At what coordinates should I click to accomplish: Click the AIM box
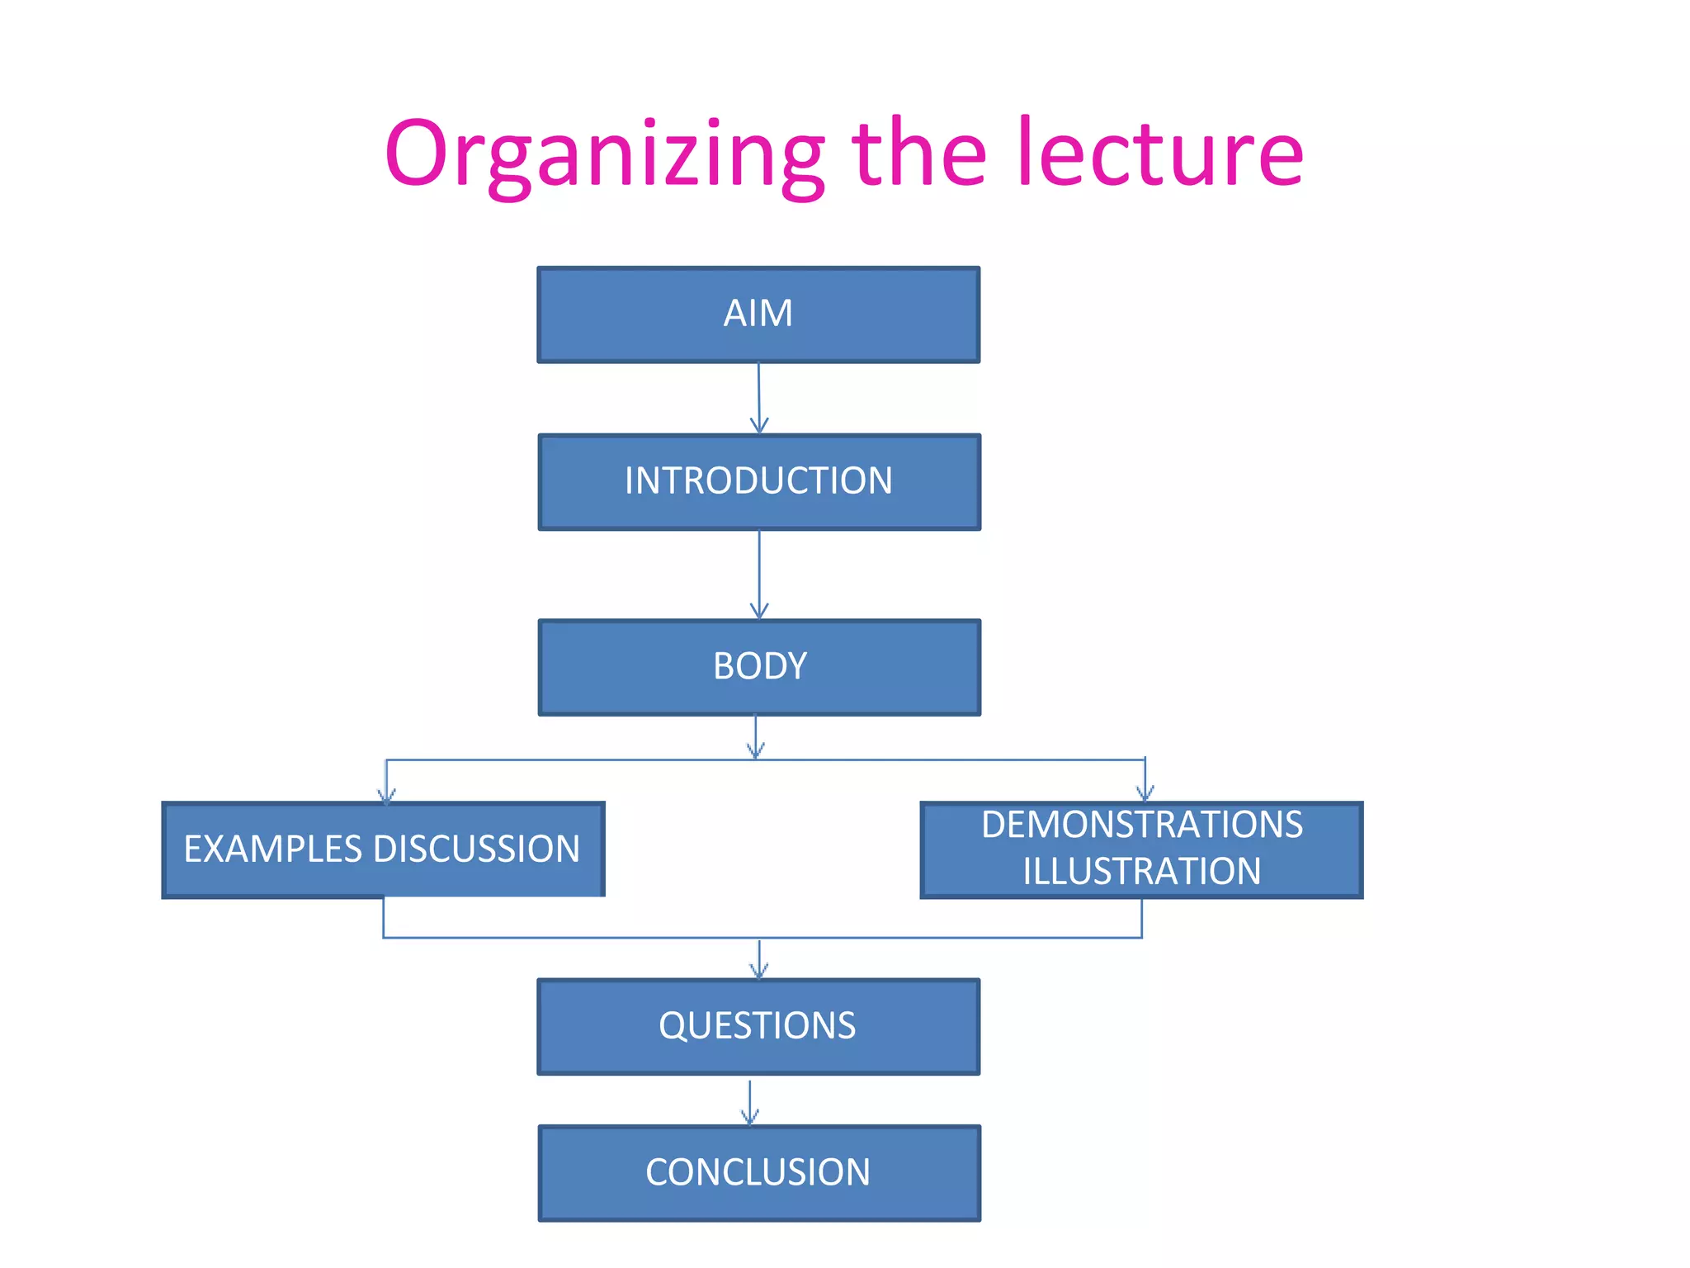click(x=758, y=315)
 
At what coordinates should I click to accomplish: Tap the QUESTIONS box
click(x=758, y=1027)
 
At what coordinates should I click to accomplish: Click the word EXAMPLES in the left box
click(x=273, y=849)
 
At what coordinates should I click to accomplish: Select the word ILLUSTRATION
click(x=1142, y=872)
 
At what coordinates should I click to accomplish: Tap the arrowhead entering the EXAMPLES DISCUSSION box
click(x=386, y=795)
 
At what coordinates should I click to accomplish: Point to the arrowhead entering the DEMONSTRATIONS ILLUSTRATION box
click(x=1145, y=793)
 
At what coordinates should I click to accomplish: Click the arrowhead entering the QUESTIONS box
click(x=759, y=970)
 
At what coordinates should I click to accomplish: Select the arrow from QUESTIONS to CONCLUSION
click(x=749, y=1102)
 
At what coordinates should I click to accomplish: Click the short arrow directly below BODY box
click(x=755, y=736)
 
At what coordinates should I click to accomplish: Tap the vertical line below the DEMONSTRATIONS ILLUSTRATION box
click(x=1142, y=918)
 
